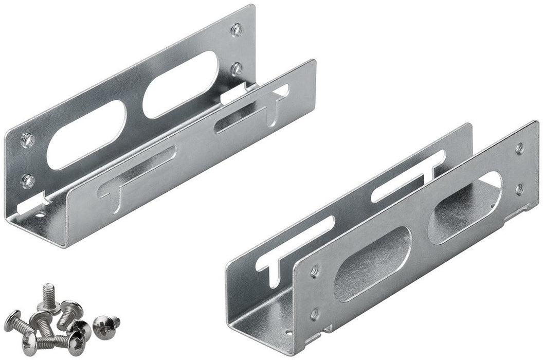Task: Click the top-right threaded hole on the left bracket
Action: point(236,29)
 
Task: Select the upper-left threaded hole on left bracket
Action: point(27,139)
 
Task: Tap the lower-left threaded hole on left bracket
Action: point(28,180)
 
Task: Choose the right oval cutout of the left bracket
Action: point(179,84)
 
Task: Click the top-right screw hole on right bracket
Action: point(519,148)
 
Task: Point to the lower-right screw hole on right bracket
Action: point(519,189)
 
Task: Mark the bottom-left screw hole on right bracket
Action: point(314,312)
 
